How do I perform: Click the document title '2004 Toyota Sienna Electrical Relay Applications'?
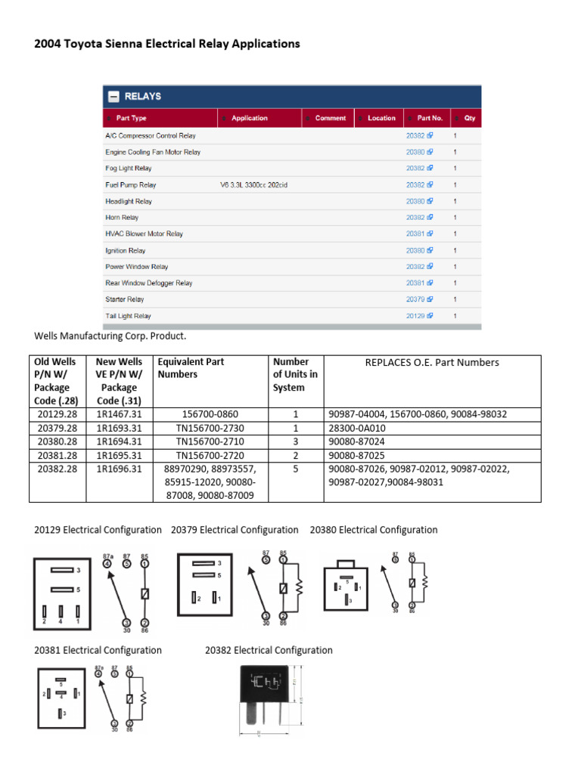pyautogui.click(x=167, y=44)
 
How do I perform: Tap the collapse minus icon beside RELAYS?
pyautogui.click(x=113, y=97)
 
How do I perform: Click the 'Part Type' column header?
pyautogui.click(x=132, y=118)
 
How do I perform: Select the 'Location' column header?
pyautogui.click(x=381, y=118)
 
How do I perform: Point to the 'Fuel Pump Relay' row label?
pyautogui.click(x=131, y=184)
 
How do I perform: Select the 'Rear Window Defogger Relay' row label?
pyautogui.click(x=149, y=283)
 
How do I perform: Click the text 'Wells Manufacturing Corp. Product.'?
pyautogui.click(x=110, y=335)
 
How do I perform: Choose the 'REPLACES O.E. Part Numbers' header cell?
pyautogui.click(x=432, y=362)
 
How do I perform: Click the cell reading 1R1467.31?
pyautogui.click(x=119, y=414)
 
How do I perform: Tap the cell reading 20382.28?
pyautogui.click(x=57, y=469)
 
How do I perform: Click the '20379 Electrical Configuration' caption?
pyautogui.click(x=235, y=530)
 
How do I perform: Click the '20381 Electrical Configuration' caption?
pyautogui.click(x=98, y=650)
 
